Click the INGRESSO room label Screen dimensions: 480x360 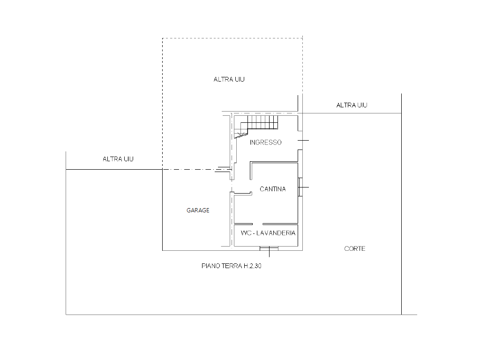pos(265,142)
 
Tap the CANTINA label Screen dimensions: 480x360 pos(272,189)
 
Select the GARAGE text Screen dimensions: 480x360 pos(198,210)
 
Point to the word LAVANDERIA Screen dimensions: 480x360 pos(276,233)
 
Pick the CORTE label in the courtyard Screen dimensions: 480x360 pos(354,248)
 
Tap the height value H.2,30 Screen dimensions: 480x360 pos(252,266)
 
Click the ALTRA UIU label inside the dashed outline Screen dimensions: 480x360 pos(229,79)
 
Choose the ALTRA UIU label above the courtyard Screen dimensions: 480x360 pos(352,105)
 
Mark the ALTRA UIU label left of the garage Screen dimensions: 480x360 pos(118,159)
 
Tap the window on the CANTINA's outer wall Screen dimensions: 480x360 pos(300,187)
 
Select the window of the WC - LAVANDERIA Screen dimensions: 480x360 pos(269,248)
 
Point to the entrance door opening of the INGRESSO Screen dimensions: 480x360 pos(300,141)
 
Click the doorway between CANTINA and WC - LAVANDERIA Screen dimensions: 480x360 pos(257,224)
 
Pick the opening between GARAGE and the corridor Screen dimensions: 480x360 pos(232,186)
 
